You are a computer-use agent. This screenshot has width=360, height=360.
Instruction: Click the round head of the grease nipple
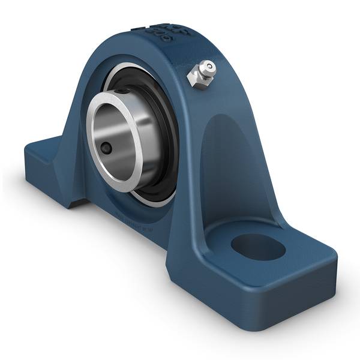click(207, 67)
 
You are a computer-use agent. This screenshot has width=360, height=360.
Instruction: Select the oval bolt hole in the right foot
click(257, 247)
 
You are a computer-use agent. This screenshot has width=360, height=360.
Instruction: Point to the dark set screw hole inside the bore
click(106, 147)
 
